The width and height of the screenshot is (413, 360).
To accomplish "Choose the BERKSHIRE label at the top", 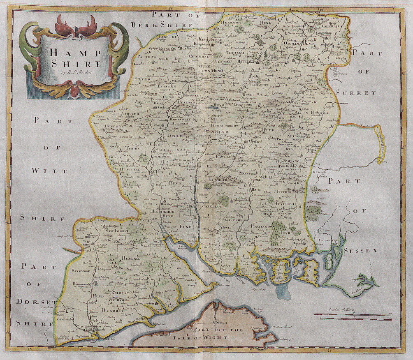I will click(161, 25).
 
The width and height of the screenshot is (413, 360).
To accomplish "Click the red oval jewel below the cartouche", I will click(74, 92).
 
